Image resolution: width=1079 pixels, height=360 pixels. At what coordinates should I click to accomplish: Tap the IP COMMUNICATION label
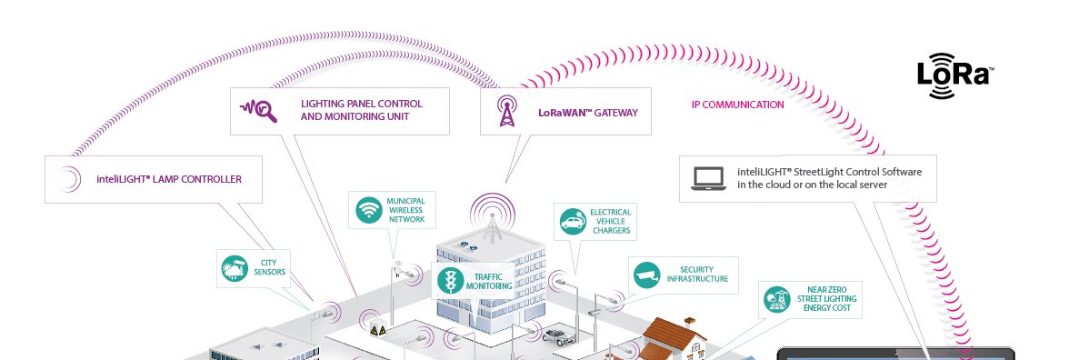click(737, 105)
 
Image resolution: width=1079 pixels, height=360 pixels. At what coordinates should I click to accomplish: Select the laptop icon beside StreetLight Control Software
click(707, 178)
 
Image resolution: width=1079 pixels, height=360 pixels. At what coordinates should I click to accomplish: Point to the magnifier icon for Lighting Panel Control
click(257, 111)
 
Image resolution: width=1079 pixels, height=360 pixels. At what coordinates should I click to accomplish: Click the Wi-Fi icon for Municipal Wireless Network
click(368, 210)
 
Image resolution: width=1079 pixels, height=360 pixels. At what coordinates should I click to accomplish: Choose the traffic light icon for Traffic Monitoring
click(448, 280)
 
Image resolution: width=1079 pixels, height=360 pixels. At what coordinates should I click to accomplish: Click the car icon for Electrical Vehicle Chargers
click(572, 221)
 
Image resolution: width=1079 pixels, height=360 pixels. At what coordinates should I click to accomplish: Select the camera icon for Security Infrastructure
click(646, 274)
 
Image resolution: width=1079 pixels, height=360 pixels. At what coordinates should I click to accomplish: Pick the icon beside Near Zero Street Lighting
click(775, 298)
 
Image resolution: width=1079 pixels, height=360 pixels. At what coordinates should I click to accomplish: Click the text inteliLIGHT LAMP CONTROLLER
click(169, 179)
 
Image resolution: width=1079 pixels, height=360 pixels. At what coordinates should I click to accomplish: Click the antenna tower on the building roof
click(492, 219)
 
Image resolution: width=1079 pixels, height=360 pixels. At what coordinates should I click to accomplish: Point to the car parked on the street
click(555, 335)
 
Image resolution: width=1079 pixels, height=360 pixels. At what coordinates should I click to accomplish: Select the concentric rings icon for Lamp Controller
click(68, 179)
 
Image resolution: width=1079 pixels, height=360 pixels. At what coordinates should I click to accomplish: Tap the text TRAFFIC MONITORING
click(489, 281)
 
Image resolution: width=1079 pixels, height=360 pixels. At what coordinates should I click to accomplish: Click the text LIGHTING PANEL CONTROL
click(361, 104)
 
